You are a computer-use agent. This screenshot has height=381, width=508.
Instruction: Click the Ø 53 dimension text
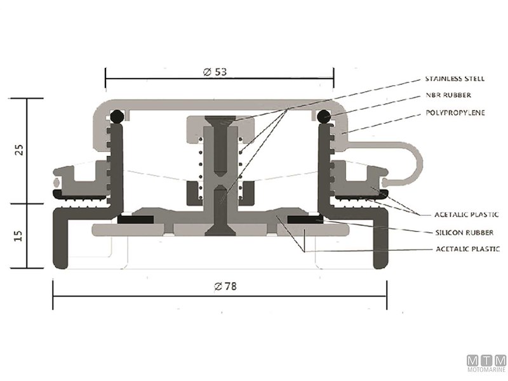click(x=215, y=72)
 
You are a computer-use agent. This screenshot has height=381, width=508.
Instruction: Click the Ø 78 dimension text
click(x=222, y=286)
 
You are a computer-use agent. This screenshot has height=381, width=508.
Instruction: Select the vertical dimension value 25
click(x=19, y=150)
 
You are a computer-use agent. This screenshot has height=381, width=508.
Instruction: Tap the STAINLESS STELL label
click(x=455, y=79)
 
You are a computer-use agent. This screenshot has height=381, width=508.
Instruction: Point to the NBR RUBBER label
click(x=449, y=96)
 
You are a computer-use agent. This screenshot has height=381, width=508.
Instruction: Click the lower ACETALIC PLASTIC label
click(x=467, y=249)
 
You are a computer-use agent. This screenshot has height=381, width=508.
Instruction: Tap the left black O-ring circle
click(x=117, y=117)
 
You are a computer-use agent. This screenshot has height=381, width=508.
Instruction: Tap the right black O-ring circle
click(x=323, y=117)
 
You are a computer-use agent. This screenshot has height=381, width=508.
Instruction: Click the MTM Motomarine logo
click(x=486, y=363)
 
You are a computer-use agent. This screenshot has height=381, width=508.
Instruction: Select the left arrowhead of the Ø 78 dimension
click(x=55, y=297)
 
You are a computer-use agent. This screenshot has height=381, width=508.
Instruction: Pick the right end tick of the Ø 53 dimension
click(x=335, y=81)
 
